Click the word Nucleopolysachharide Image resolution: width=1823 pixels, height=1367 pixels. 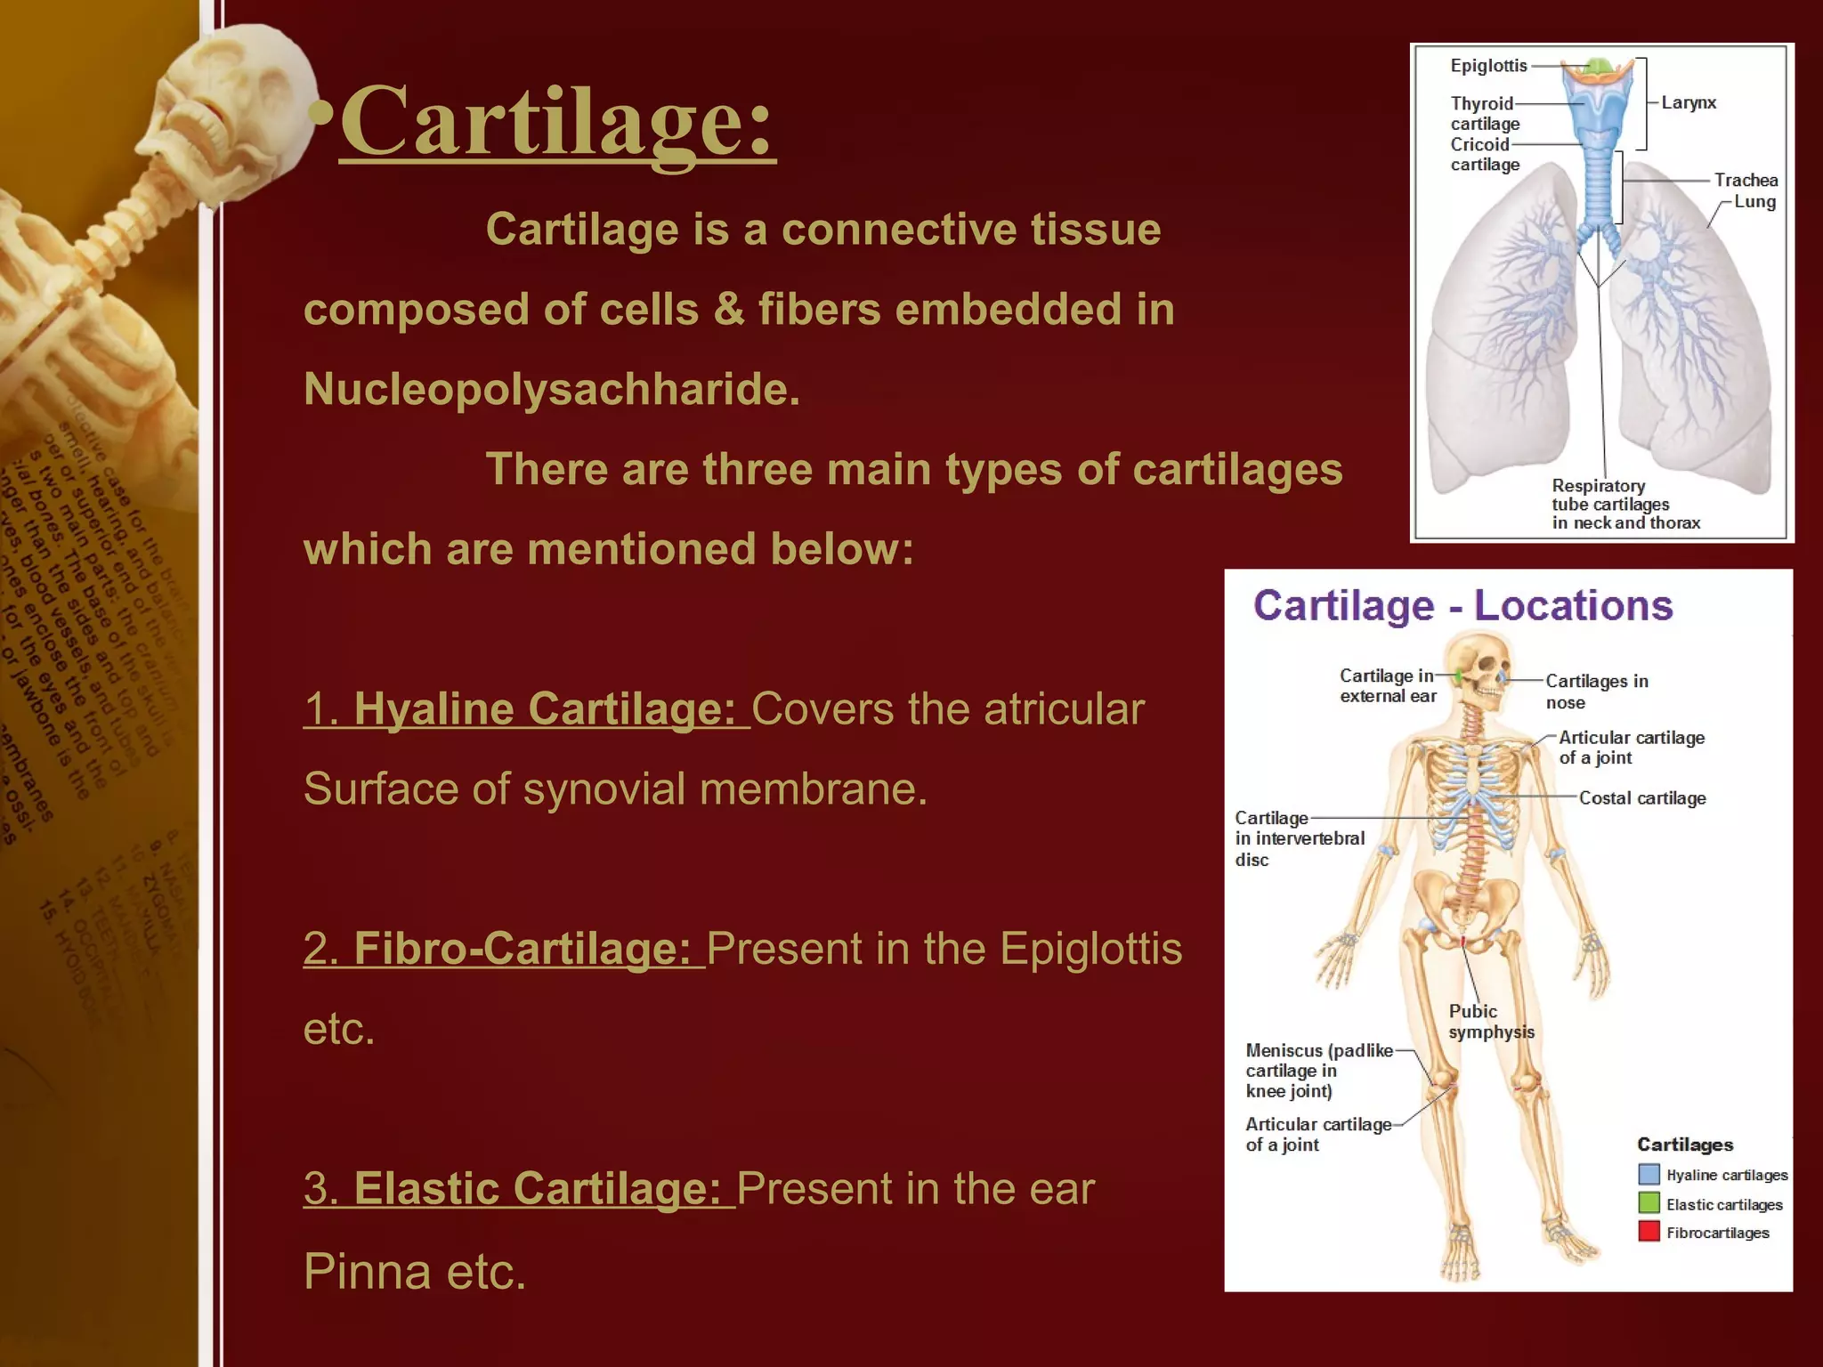pos(552,389)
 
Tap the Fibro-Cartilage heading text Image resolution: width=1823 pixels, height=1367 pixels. pos(505,949)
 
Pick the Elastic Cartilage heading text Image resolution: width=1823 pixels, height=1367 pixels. pos(520,1189)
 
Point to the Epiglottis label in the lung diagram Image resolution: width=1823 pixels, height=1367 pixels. pos(1488,66)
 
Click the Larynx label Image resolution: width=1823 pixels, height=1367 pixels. pos(1689,102)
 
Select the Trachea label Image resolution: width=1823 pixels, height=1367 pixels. pos(1746,180)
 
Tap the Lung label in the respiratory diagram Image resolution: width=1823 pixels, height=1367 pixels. pos(1754,202)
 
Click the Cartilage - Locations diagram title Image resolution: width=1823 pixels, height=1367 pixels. pos(1462,606)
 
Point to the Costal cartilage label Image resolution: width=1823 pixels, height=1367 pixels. pos(1642,798)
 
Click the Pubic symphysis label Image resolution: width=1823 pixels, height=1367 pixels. pos(1491,1022)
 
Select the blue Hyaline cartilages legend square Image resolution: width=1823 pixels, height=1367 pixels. pos(1649,1175)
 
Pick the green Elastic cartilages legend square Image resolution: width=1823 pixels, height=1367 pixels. pos(1649,1203)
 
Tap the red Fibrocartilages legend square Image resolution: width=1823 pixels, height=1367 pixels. pos(1649,1232)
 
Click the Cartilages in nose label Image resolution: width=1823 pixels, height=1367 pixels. pos(1596,692)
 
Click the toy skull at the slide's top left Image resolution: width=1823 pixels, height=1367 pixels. pos(236,98)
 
